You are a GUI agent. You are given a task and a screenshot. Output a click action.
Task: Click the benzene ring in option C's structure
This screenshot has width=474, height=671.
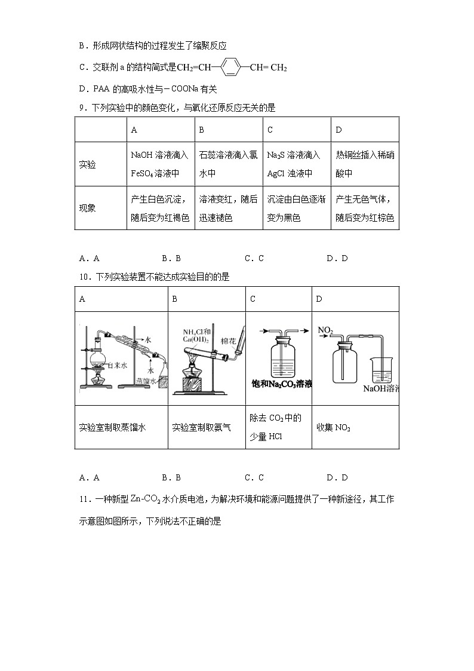(231, 68)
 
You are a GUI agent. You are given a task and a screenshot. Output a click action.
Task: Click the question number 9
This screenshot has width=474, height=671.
(82, 108)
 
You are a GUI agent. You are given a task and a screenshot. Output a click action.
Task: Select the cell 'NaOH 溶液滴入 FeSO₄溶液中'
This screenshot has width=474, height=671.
(160, 164)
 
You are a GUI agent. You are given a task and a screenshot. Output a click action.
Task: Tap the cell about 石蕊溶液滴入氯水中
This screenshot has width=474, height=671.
(228, 164)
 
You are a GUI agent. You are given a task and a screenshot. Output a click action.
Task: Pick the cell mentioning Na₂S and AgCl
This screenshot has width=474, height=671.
(296, 164)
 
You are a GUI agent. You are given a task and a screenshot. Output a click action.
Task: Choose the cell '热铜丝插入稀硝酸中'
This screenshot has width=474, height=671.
(365, 164)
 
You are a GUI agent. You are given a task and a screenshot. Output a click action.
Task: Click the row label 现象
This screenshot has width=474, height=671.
(87, 208)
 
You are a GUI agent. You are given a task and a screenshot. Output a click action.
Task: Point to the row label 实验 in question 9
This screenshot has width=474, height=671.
(87, 164)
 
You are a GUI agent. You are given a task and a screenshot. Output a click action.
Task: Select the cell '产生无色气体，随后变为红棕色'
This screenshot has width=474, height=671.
(365, 208)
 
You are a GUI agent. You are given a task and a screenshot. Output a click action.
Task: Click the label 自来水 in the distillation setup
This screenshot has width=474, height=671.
(115, 364)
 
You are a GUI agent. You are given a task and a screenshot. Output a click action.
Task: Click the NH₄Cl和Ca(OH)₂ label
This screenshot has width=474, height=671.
(196, 336)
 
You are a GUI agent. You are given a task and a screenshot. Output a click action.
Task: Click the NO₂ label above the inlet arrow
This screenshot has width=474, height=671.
(325, 330)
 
